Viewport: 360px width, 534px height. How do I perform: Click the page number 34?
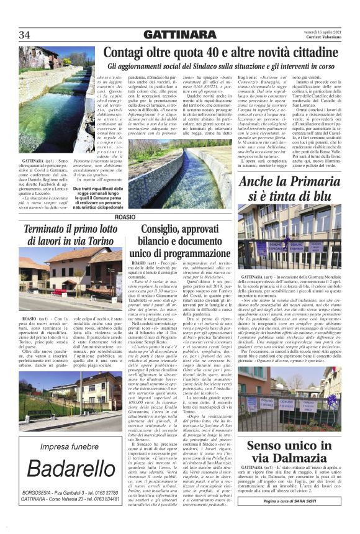[24, 34]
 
